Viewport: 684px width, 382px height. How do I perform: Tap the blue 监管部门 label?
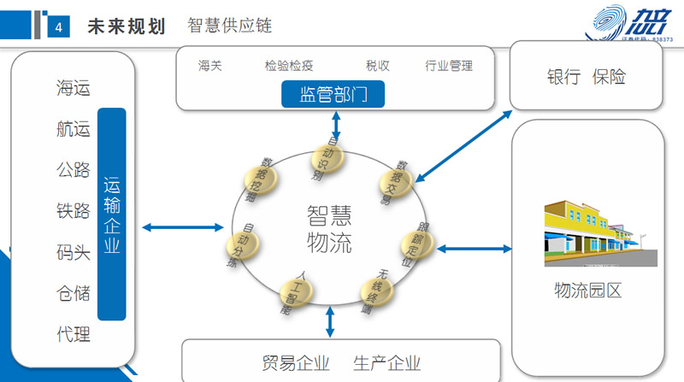(333, 94)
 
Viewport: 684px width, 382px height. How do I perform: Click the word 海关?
(210, 66)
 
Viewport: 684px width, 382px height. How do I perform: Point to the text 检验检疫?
(290, 66)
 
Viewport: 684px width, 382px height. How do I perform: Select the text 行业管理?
(449, 66)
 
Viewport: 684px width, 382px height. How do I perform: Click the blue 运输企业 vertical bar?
(112, 216)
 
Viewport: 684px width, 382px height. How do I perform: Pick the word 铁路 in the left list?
(73, 210)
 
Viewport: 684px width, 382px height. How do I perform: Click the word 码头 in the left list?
(73, 252)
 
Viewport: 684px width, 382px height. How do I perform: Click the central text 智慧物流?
(328, 227)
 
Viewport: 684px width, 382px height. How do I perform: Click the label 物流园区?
(588, 290)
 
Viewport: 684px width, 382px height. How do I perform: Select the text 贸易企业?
(296, 362)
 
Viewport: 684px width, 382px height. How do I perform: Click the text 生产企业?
(386, 362)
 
